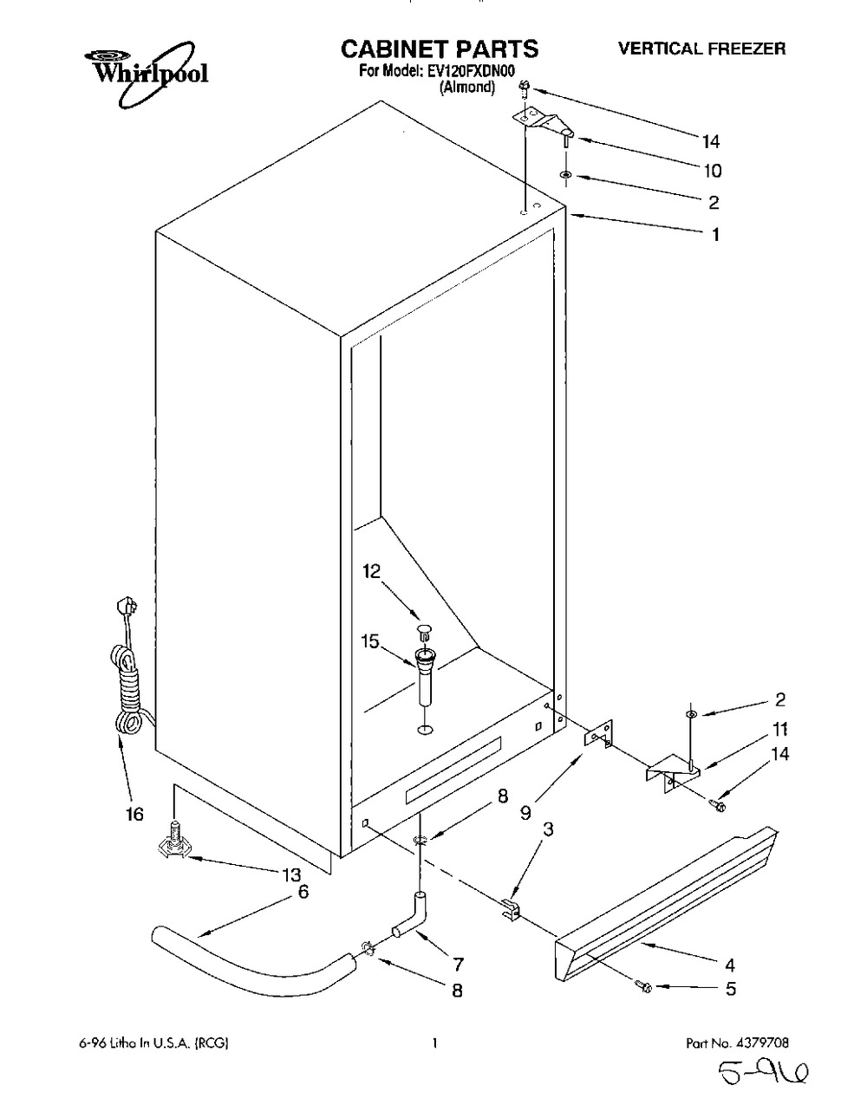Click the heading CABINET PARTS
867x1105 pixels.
point(440,49)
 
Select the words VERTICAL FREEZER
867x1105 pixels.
point(701,49)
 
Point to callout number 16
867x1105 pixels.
point(134,814)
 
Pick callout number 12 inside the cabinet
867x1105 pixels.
point(371,572)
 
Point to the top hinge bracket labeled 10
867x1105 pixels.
point(543,123)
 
